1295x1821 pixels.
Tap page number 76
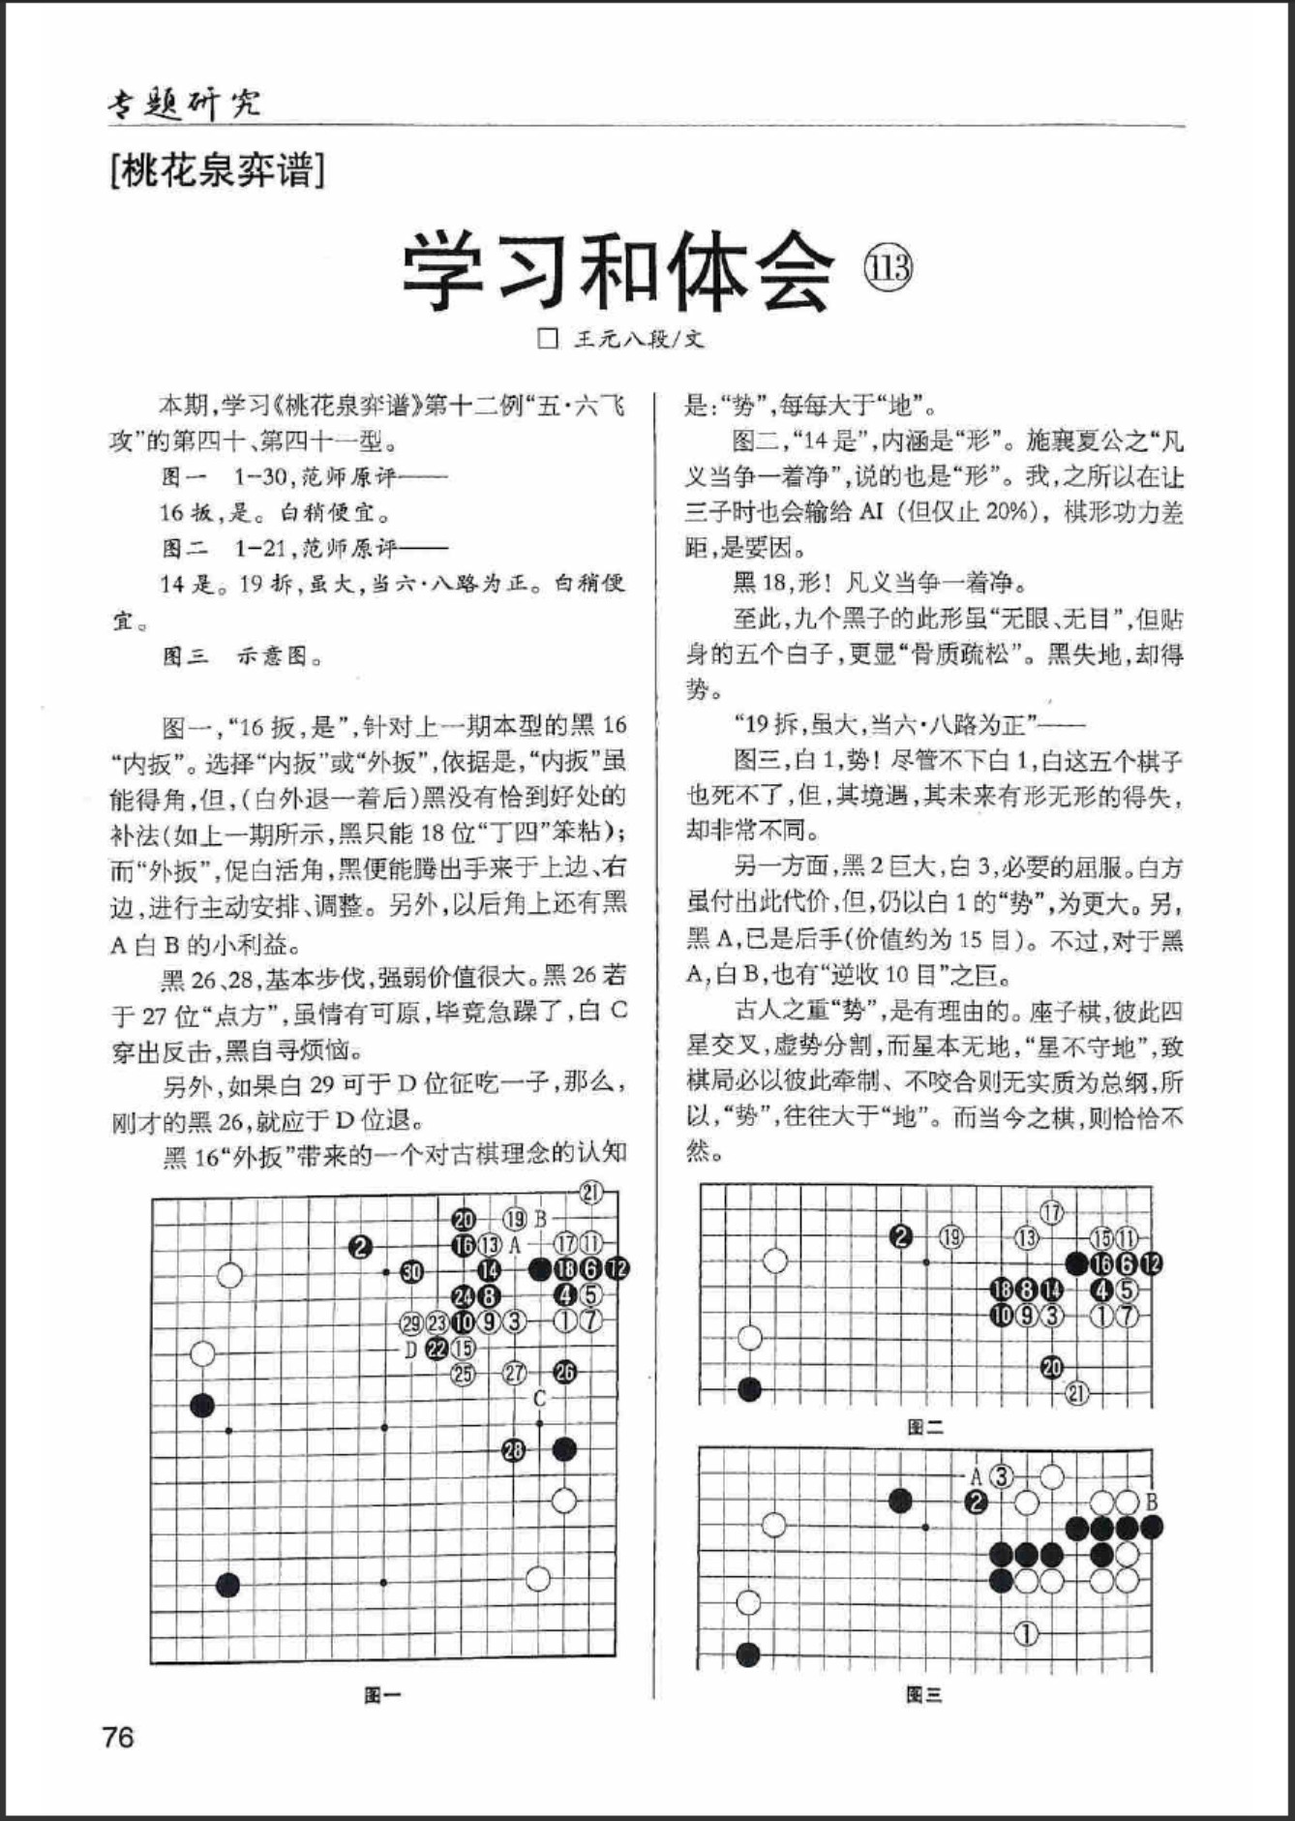click(118, 1737)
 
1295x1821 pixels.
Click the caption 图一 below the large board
click(382, 1694)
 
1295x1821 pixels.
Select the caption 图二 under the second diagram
click(924, 1426)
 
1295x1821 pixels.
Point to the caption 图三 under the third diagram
click(924, 1693)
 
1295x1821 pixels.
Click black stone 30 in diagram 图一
click(412, 1271)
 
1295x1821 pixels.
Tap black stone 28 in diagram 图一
click(514, 1449)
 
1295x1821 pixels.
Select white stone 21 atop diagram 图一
click(590, 1193)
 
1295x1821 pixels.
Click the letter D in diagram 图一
click(410, 1349)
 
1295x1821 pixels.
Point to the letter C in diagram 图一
click(540, 1398)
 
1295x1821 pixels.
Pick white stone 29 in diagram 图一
click(411, 1322)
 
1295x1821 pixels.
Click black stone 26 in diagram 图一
click(565, 1372)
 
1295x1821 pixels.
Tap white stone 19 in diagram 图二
click(952, 1236)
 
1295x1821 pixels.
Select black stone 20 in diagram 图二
click(1052, 1367)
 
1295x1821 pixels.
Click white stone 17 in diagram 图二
click(1052, 1211)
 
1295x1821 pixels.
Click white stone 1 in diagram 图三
click(1026, 1634)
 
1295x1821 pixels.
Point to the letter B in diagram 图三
click(1152, 1502)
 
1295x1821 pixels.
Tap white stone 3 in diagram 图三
click(1002, 1476)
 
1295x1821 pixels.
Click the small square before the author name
click(548, 339)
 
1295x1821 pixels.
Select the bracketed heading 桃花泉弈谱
click(217, 170)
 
